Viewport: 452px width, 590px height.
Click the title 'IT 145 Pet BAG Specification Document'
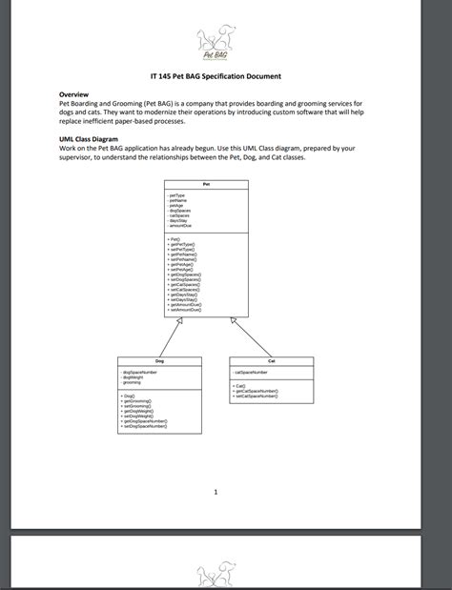(216, 75)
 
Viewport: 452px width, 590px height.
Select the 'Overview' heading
(73, 95)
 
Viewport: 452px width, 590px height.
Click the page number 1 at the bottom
(216, 492)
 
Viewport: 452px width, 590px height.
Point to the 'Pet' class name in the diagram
(207, 185)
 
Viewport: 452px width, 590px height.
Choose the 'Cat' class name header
(271, 361)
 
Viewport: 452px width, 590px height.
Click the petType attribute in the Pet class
(177, 194)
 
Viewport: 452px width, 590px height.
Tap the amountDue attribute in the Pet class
(180, 225)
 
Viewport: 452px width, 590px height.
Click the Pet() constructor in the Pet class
(175, 239)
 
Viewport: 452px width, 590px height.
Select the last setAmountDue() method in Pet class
(184, 310)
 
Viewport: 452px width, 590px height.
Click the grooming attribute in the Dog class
(133, 382)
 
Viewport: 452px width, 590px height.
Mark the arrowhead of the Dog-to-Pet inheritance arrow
(179, 322)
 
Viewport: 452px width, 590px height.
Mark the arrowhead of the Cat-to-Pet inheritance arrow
(234, 322)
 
